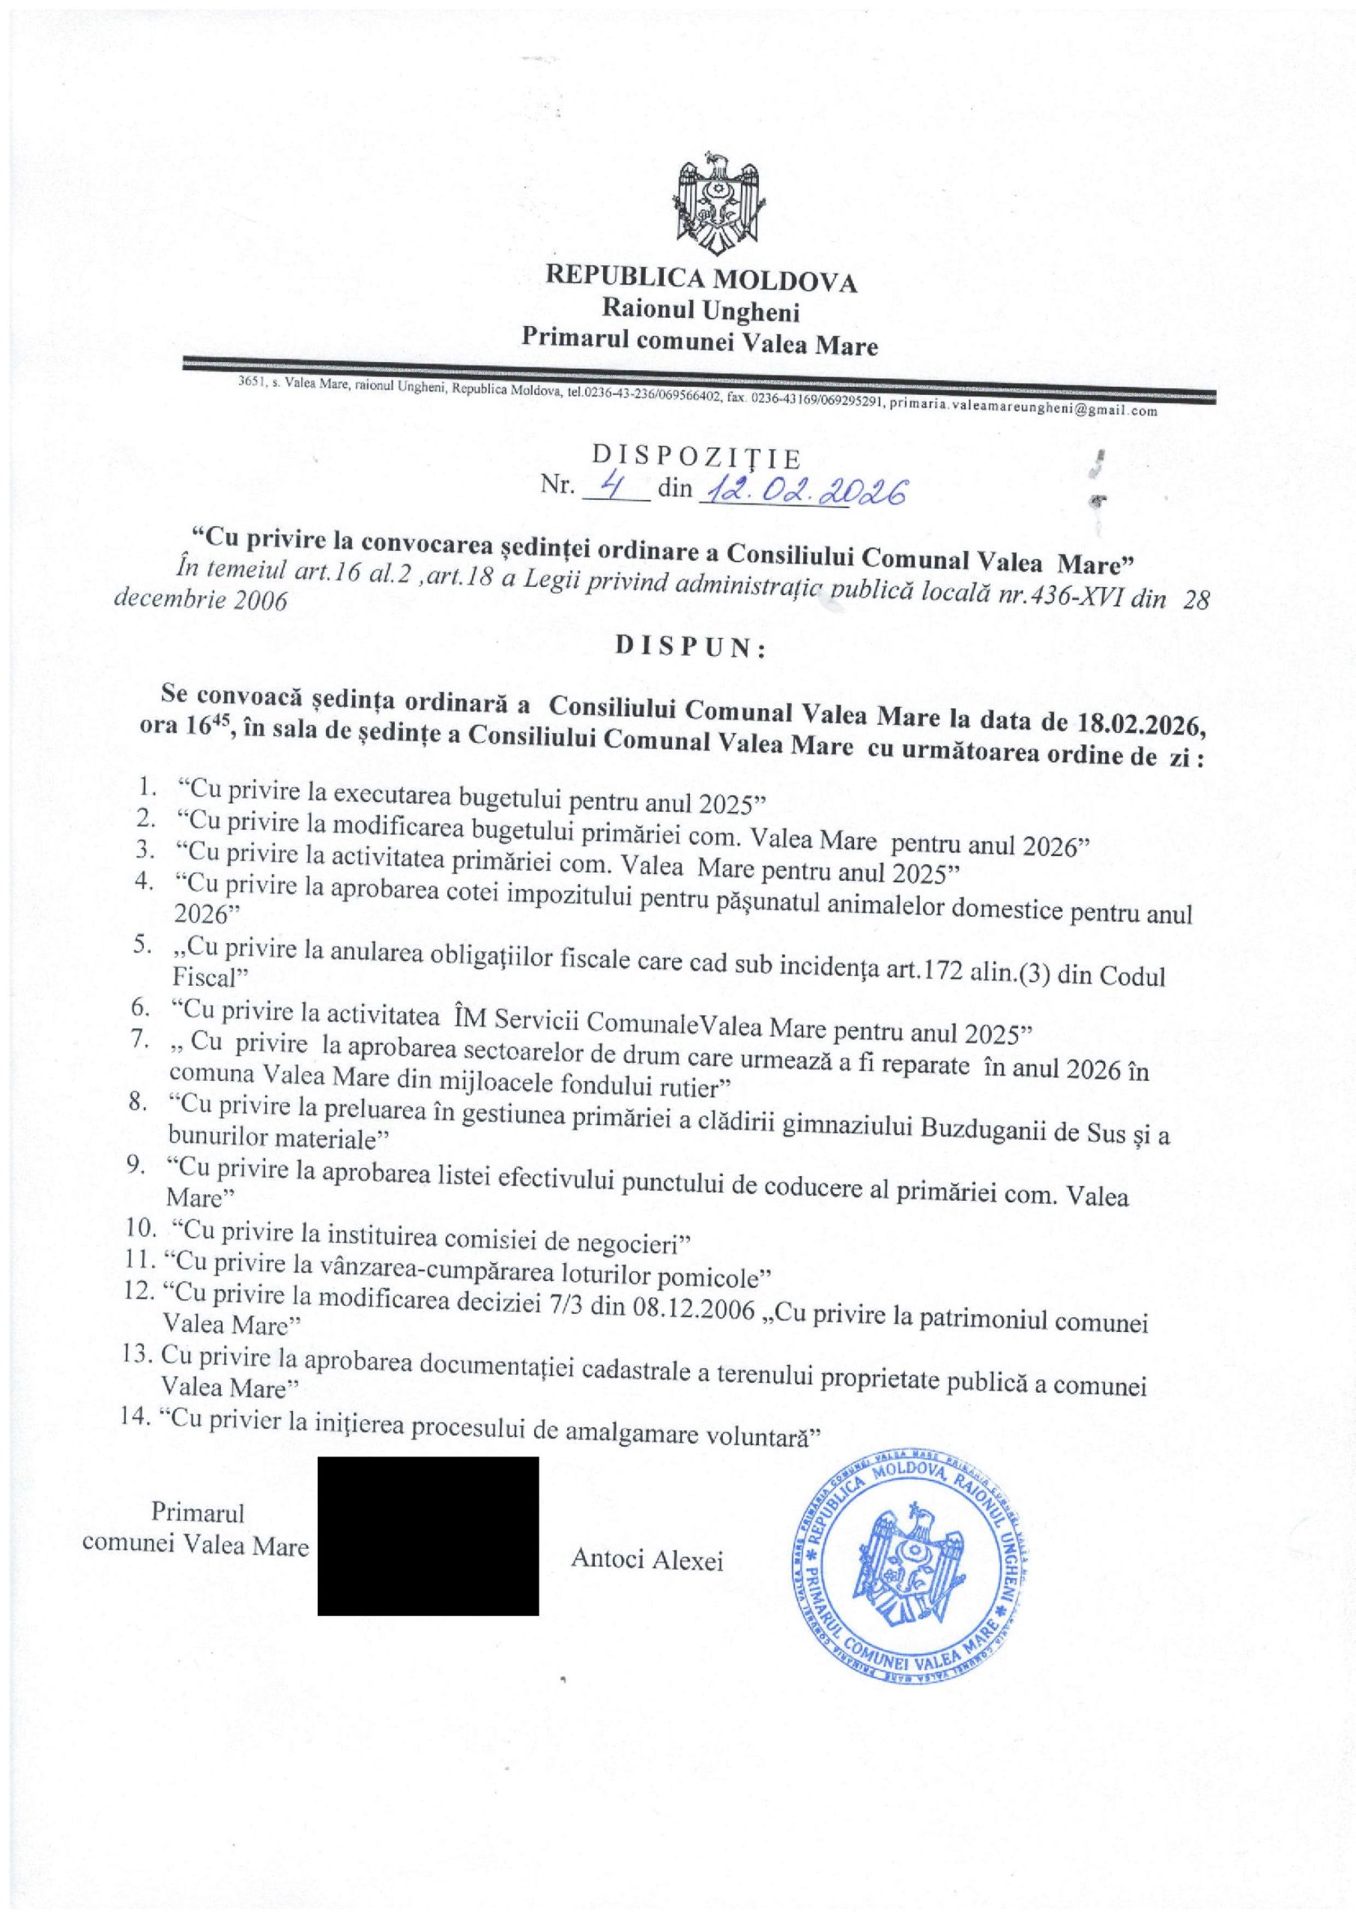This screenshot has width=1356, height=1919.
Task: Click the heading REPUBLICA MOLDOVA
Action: [x=701, y=280]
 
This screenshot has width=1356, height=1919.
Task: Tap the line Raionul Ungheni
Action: [x=701, y=313]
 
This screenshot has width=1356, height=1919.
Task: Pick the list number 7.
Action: [x=139, y=1041]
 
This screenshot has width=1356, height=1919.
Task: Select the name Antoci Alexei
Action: [x=647, y=1560]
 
